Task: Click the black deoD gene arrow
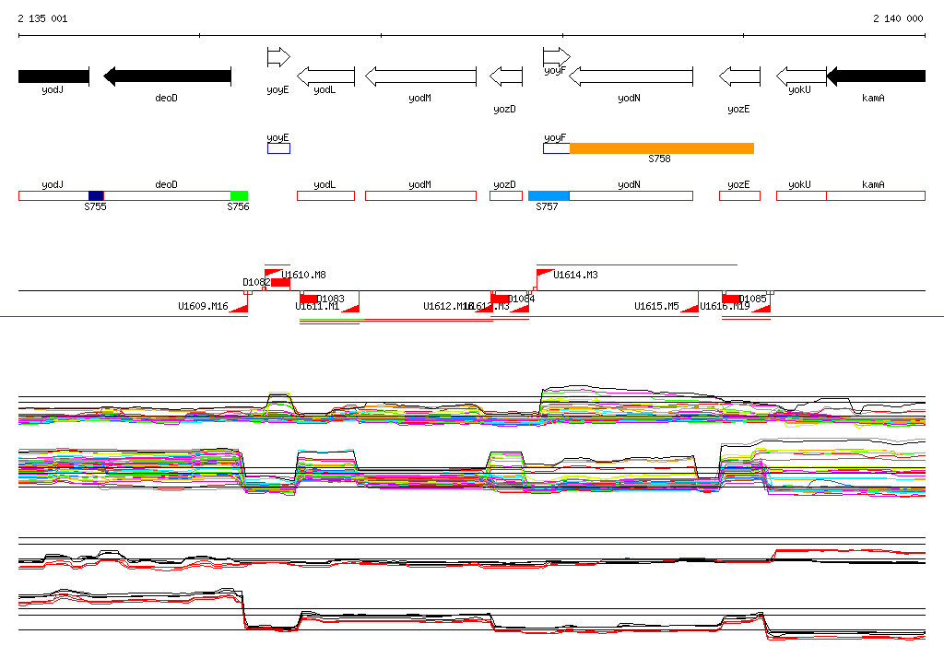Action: click(167, 76)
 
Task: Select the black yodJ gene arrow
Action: click(53, 76)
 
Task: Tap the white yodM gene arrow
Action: click(420, 76)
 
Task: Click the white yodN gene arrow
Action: click(631, 76)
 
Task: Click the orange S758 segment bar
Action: click(661, 148)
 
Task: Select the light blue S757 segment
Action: click(549, 195)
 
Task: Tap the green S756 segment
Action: click(239, 195)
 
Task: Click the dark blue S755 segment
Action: click(96, 195)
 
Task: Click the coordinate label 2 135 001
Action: click(41, 18)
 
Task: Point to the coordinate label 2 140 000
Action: click(898, 18)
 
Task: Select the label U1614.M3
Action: click(575, 275)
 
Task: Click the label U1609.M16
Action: click(203, 306)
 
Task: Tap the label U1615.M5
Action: click(656, 306)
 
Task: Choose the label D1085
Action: click(753, 300)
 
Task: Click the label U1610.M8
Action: click(303, 275)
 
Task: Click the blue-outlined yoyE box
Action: click(278, 148)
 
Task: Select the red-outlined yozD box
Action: click(505, 195)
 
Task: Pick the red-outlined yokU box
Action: click(800, 195)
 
